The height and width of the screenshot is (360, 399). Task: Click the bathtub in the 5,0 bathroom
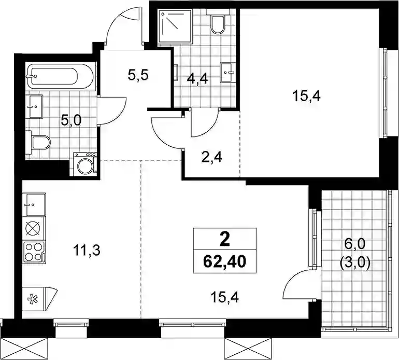60,76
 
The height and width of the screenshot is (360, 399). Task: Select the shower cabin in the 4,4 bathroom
175,26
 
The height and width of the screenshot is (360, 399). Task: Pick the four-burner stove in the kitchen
34,252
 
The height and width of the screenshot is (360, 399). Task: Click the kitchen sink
34,204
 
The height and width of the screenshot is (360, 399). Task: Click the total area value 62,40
225,261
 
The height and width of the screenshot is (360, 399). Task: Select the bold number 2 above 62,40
225,240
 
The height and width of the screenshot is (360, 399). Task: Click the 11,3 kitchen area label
87,251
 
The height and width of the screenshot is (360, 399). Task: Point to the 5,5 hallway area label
138,75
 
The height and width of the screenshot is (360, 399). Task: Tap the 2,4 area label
211,158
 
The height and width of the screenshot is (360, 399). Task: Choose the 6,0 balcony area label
354,244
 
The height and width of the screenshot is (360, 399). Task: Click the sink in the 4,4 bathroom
228,73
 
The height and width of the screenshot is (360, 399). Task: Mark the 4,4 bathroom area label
197,79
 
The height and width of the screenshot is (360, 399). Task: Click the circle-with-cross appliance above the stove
33,228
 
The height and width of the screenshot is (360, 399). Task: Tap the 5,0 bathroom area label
71,120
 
